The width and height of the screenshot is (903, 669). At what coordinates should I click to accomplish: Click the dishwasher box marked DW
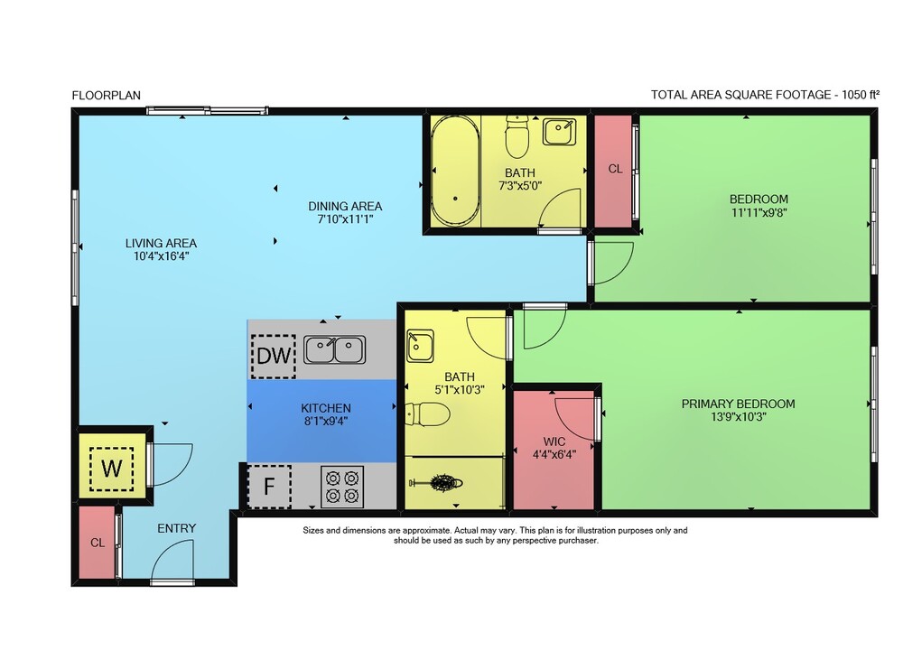pyautogui.click(x=274, y=356)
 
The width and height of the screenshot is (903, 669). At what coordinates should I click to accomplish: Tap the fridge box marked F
pyautogui.click(x=269, y=487)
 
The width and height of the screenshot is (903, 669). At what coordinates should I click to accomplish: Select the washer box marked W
pyautogui.click(x=111, y=469)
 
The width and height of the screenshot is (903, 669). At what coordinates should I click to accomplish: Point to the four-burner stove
pyautogui.click(x=342, y=487)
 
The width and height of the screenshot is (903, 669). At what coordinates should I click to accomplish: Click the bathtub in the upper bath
pyautogui.click(x=455, y=171)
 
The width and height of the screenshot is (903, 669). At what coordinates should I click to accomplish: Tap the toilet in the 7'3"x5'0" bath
pyautogui.click(x=517, y=137)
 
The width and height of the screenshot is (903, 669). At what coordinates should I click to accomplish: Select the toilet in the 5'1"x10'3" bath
pyautogui.click(x=428, y=414)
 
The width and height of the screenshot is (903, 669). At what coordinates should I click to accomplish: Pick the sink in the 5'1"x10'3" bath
pyautogui.click(x=420, y=346)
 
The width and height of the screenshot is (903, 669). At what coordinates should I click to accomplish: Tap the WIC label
pyautogui.click(x=554, y=441)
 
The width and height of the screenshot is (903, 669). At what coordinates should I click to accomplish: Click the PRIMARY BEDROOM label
pyautogui.click(x=739, y=404)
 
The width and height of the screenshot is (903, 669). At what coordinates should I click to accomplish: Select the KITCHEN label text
pyautogui.click(x=326, y=407)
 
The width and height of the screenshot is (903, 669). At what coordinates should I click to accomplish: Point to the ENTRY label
pyautogui.click(x=177, y=528)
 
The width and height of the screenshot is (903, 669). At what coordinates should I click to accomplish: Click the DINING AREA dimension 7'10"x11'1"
pyautogui.click(x=345, y=218)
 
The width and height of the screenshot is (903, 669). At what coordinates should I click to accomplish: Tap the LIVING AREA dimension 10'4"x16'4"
pyautogui.click(x=162, y=256)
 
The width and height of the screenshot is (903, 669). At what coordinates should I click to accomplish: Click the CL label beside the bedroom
pyautogui.click(x=615, y=169)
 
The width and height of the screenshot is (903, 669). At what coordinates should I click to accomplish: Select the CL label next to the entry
pyautogui.click(x=98, y=543)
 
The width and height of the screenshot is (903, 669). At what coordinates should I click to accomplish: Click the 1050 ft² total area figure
pyautogui.click(x=861, y=95)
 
